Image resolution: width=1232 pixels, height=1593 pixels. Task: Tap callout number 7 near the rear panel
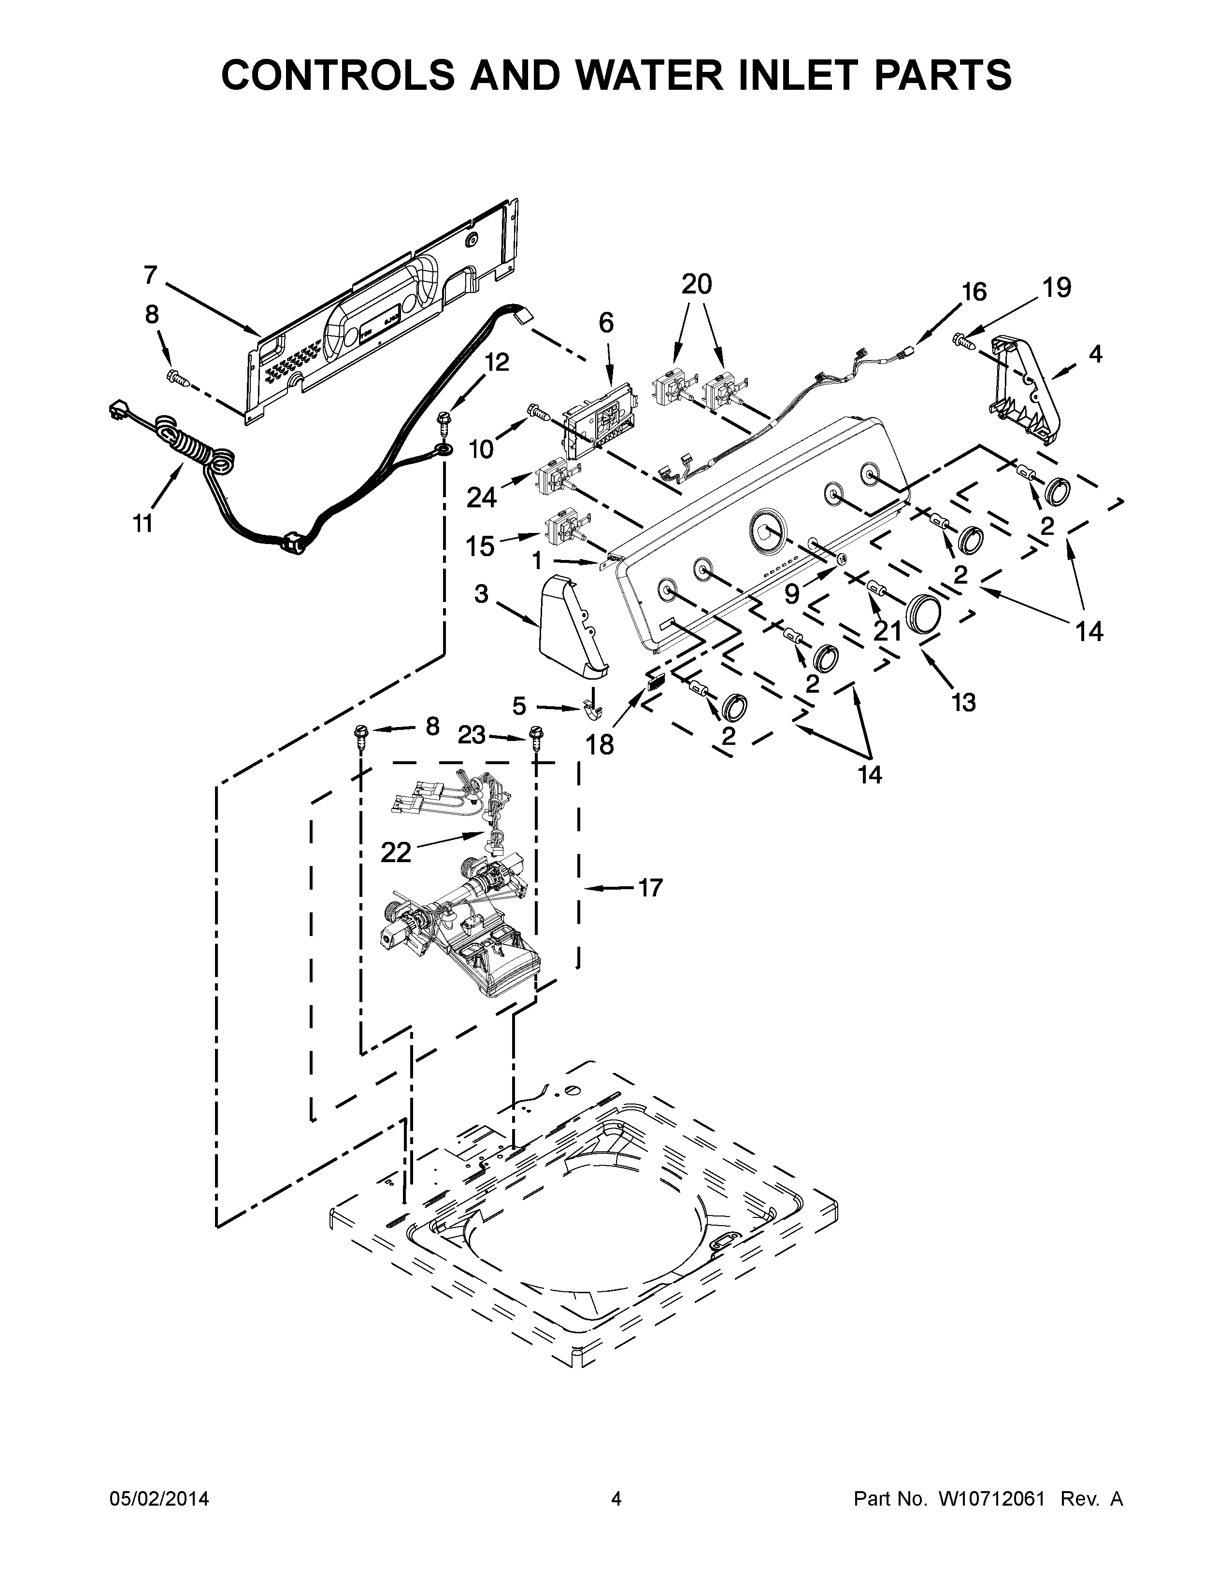(150, 275)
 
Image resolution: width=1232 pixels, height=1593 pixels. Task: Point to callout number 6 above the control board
(606, 322)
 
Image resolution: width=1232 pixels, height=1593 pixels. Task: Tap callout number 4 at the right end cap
(1096, 354)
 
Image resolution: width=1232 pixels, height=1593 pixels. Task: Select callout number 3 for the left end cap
(481, 594)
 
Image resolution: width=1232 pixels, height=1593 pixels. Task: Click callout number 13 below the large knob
(963, 702)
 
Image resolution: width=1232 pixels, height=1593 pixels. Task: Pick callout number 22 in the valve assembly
(396, 851)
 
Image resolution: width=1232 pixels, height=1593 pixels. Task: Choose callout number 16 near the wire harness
(974, 292)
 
